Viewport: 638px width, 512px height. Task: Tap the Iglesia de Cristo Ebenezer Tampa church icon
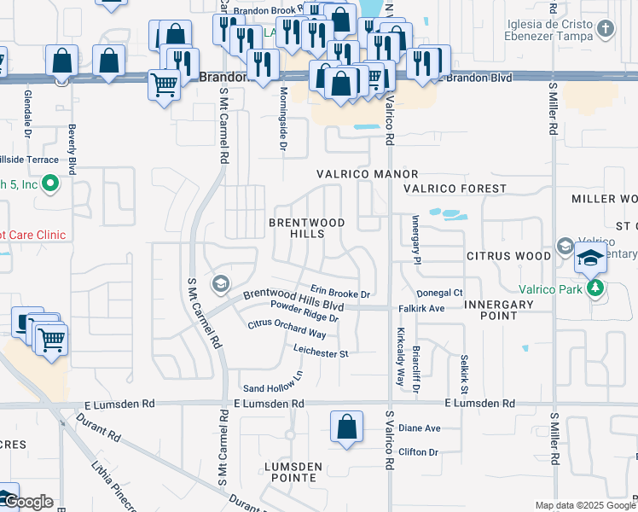[x=606, y=29]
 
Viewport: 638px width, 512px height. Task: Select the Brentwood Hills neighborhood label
[x=307, y=228]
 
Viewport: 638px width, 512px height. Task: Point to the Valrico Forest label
[x=455, y=189]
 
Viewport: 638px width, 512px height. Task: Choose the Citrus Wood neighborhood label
[x=508, y=256]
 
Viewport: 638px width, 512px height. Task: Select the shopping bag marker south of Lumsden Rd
[x=346, y=428]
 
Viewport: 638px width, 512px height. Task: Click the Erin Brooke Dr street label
[x=340, y=293]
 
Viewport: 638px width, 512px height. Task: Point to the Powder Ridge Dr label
[x=304, y=311]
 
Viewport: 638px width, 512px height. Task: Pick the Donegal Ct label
[x=440, y=293]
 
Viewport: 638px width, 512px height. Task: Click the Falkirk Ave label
[x=421, y=308]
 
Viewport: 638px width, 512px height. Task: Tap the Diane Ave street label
[x=420, y=428]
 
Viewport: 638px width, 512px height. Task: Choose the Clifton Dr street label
[x=418, y=452]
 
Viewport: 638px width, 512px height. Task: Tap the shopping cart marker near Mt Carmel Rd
[x=164, y=84]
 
